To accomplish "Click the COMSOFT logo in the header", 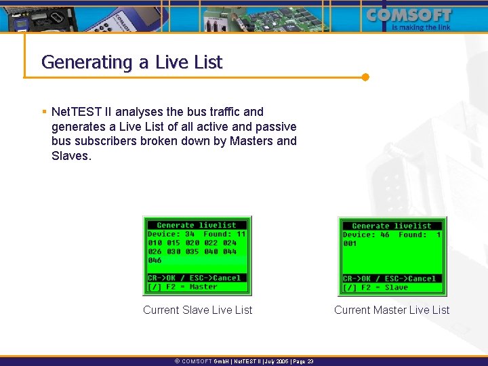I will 409,15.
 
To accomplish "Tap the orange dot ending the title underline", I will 365,77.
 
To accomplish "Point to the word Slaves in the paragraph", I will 70,156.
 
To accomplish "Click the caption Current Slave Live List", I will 197,310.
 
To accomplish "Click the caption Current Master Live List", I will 392,310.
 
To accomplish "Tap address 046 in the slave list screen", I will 155,260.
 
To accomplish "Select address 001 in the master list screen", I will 350,243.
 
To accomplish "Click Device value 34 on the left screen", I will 190,234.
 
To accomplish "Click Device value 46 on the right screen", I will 385,235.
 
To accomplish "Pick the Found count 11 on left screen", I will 241,234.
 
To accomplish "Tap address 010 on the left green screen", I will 155,243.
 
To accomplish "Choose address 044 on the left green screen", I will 230,251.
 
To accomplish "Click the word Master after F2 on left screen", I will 203,287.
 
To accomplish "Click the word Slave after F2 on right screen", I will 396,287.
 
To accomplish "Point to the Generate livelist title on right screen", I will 392,226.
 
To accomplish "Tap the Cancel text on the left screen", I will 227,278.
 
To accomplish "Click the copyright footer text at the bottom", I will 244,362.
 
